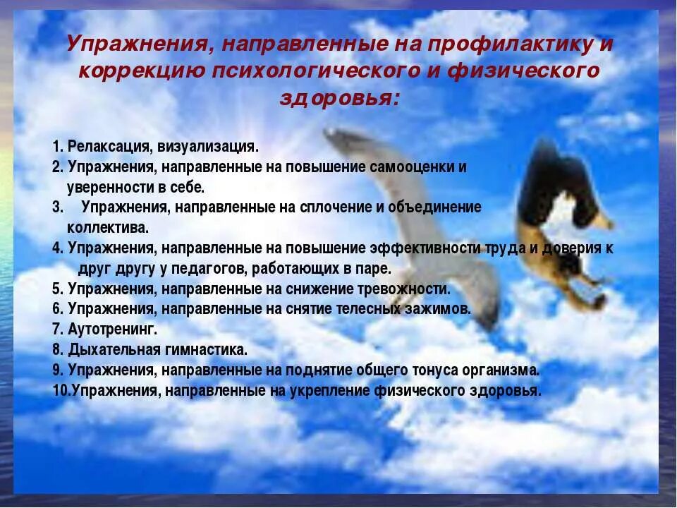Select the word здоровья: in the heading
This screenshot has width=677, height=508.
pos(339,98)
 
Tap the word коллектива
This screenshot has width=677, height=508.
pos(107,227)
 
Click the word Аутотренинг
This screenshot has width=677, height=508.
pos(113,329)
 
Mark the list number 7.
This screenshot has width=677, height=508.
pos(57,329)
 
